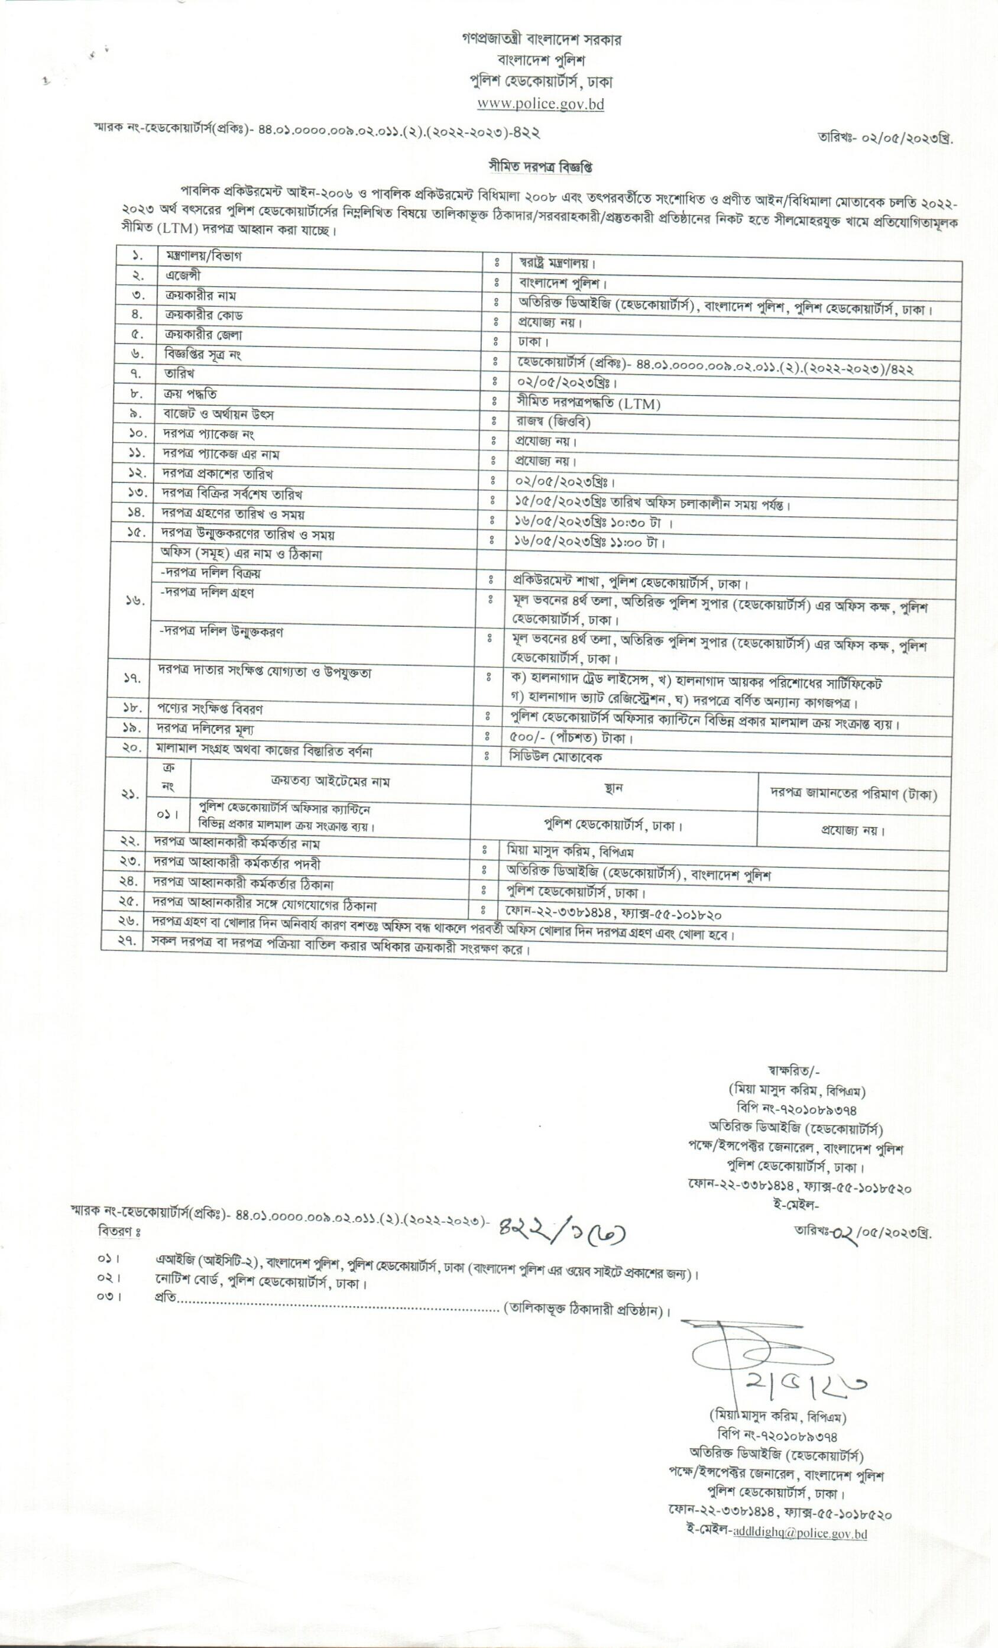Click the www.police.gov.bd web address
[x=540, y=104]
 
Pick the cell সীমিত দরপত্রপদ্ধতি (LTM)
[x=589, y=403]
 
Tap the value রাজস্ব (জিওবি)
[x=553, y=422]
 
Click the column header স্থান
[x=613, y=788]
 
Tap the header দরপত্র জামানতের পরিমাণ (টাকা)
[x=853, y=794]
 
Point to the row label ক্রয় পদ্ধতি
[x=190, y=394]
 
